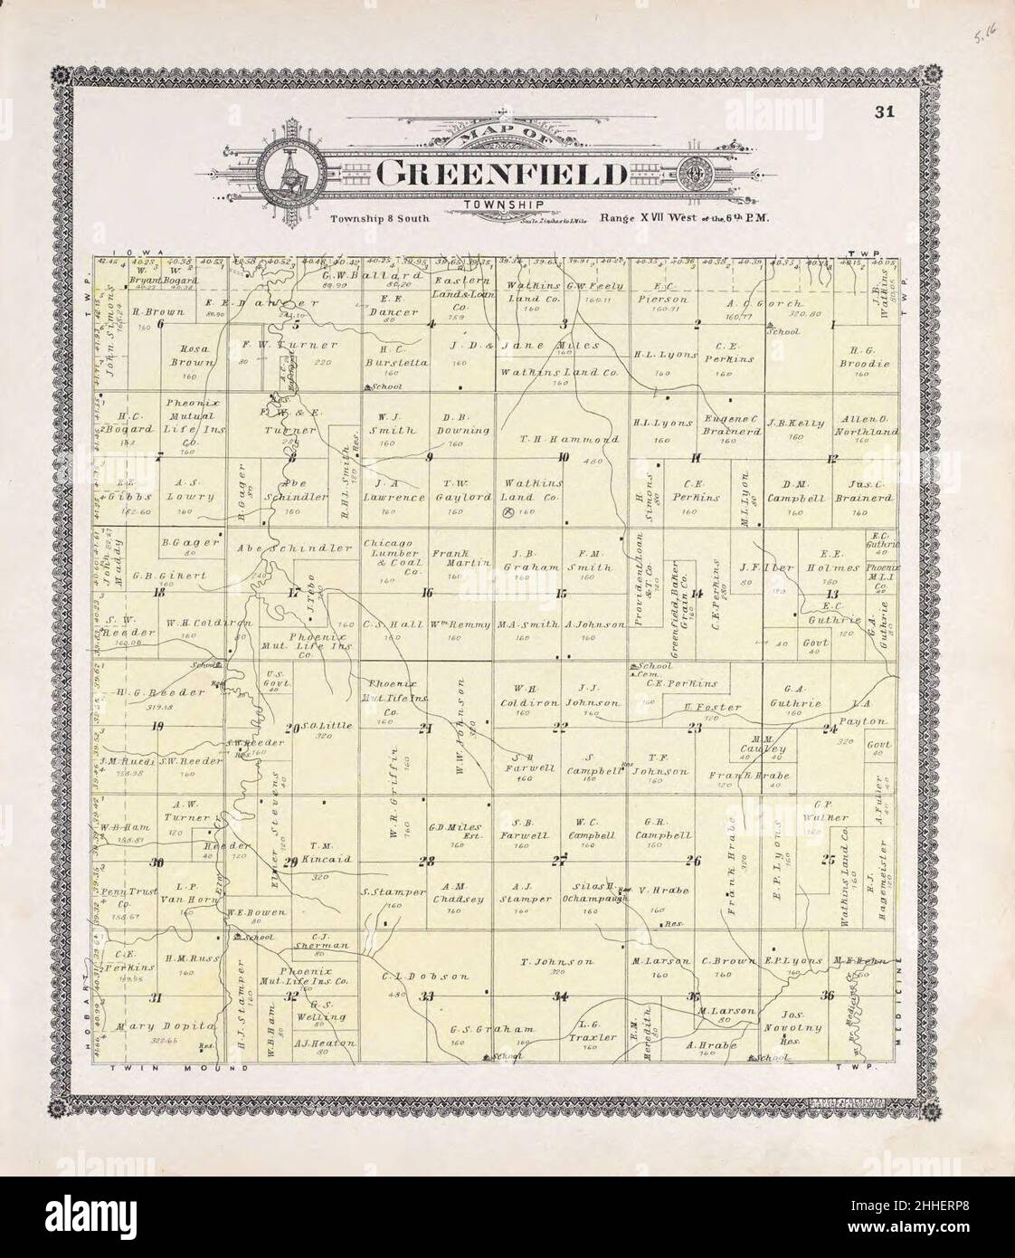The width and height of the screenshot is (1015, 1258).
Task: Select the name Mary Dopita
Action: tap(166, 1026)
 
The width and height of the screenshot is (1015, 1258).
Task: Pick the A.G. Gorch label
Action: tap(777, 302)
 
